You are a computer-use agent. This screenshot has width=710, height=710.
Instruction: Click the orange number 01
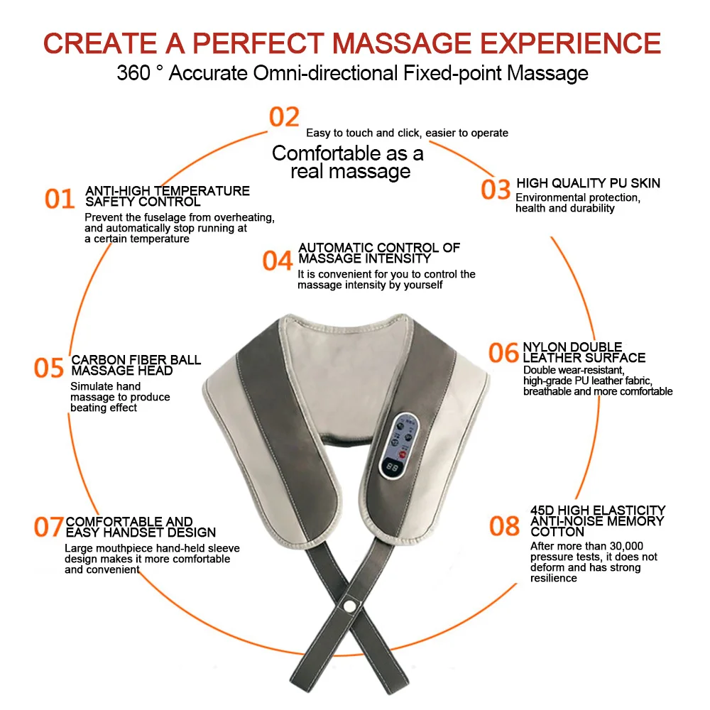click(x=60, y=199)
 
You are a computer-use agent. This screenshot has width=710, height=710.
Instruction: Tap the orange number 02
click(x=284, y=117)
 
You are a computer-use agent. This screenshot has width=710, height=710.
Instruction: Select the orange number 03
click(x=496, y=190)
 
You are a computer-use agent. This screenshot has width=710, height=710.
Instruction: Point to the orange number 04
click(x=277, y=261)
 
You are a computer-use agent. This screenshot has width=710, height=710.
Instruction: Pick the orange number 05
click(x=49, y=367)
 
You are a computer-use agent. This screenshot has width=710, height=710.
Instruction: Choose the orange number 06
click(x=503, y=353)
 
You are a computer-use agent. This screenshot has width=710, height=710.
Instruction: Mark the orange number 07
click(x=48, y=527)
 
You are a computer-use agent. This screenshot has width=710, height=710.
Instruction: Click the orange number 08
click(x=504, y=525)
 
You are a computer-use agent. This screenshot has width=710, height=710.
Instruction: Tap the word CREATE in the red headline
click(x=99, y=43)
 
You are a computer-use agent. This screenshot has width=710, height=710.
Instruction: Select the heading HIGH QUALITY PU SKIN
click(x=588, y=183)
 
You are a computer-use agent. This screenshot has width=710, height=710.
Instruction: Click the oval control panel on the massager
click(x=398, y=445)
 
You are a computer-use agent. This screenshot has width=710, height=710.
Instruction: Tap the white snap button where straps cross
click(x=349, y=606)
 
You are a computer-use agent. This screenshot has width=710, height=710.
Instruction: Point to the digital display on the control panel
click(x=392, y=467)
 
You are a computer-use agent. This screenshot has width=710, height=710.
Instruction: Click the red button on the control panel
click(x=402, y=453)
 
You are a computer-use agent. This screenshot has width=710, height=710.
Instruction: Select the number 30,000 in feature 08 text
click(x=626, y=546)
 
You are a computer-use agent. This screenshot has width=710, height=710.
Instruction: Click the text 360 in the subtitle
click(x=133, y=73)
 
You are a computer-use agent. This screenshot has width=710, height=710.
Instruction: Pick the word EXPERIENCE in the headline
click(x=571, y=43)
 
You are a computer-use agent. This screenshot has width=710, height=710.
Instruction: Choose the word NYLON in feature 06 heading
click(x=544, y=347)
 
